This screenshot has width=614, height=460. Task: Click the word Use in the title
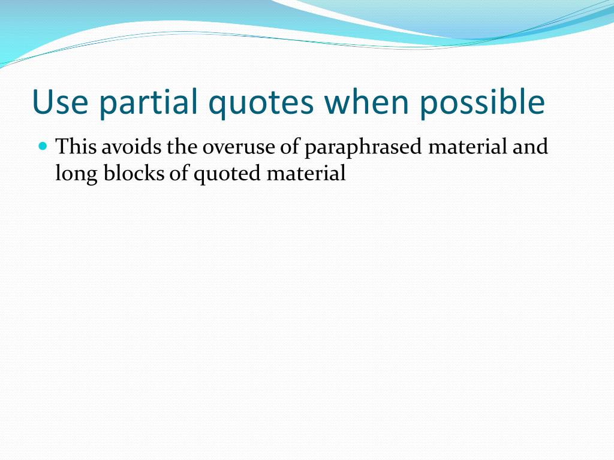[59, 102]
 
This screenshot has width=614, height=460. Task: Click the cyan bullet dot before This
[42, 146]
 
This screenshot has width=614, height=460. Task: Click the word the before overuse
[177, 147]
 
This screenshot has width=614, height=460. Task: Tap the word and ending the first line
[531, 147]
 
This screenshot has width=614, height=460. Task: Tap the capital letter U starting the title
[41, 102]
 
